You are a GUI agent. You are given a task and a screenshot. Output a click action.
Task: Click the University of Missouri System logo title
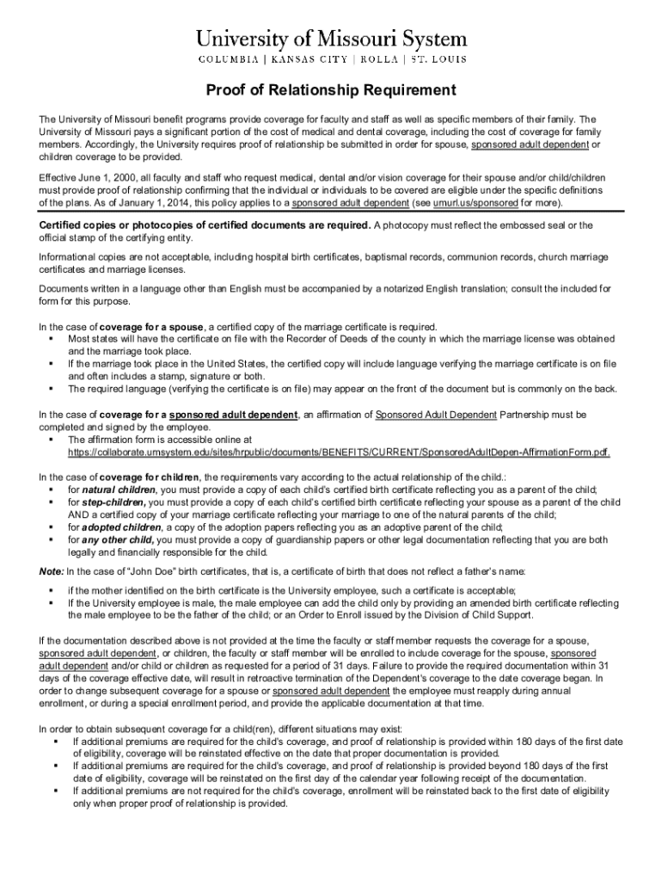click(331, 39)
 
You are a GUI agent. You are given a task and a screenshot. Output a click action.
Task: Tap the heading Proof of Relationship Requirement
click(330, 90)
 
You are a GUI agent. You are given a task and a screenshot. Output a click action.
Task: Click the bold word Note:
click(51, 570)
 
